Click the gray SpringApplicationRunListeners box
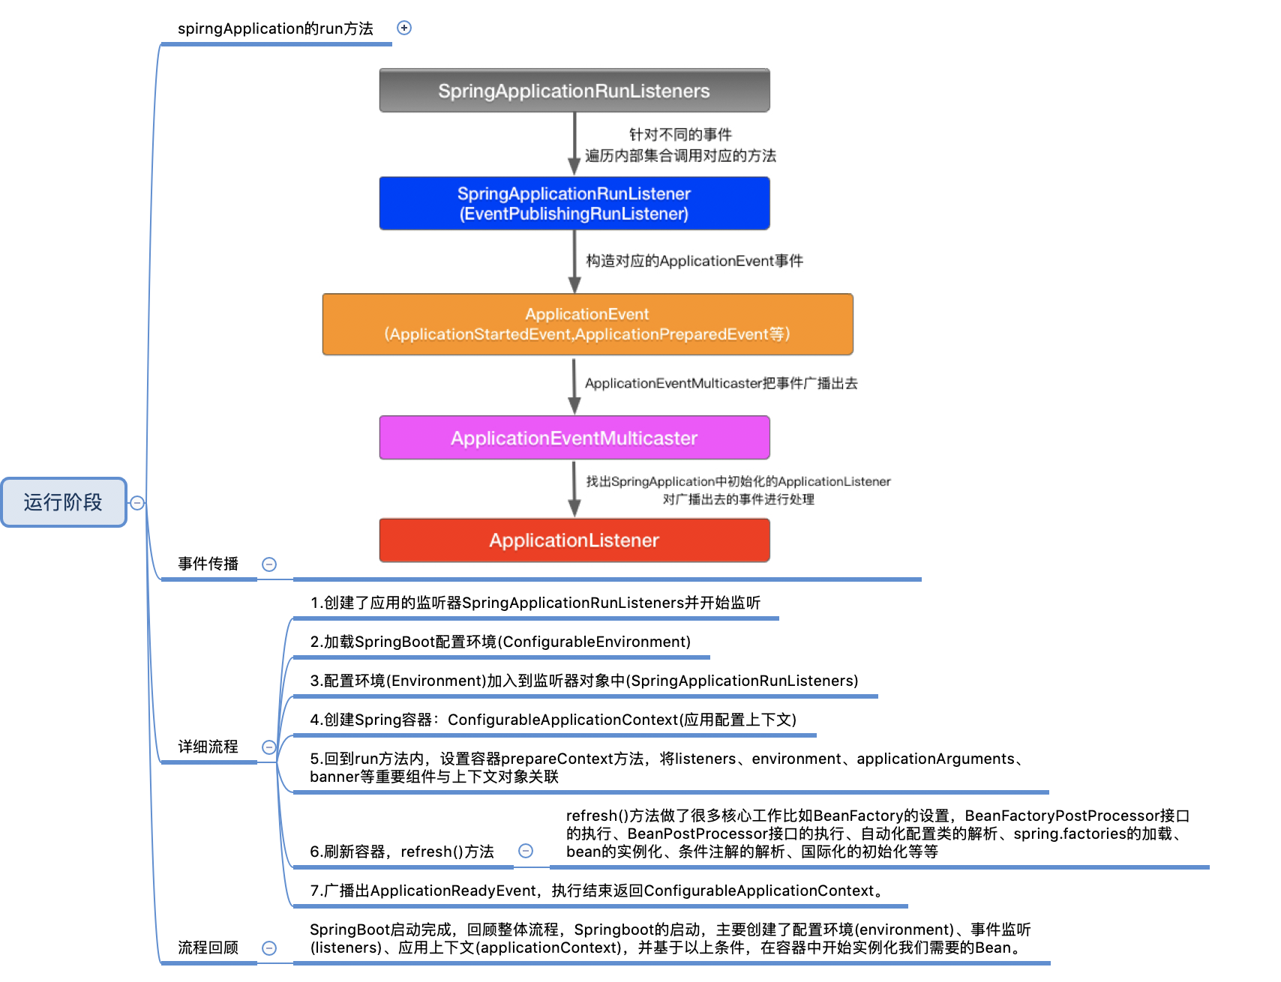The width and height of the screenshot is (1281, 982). pos(574,91)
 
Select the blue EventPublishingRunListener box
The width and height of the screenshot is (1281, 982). pos(574,203)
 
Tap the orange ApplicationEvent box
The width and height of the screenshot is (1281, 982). pos(587,324)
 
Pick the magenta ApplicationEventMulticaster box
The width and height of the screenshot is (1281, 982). pos(574,438)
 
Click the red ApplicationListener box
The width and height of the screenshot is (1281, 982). pos(574,540)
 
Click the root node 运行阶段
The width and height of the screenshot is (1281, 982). pos(63,502)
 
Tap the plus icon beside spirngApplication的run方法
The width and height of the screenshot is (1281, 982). pos(404,28)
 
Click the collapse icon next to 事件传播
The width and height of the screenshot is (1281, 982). pos(269,564)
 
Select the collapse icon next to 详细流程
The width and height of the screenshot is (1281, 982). pos(269,747)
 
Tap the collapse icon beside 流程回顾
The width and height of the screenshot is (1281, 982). pos(269,948)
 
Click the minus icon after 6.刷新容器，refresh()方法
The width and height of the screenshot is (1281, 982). pos(526,851)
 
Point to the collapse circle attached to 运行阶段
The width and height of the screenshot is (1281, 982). pos(137,503)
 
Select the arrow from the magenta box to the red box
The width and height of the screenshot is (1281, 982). pos(574,489)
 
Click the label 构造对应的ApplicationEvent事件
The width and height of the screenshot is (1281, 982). pos(694,261)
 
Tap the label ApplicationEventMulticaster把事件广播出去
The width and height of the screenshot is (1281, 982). pos(721,383)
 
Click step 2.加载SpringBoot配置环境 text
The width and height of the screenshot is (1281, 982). pos(500,642)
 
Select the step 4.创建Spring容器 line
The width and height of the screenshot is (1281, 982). pos(553,720)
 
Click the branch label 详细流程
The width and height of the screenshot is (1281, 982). pos(208,747)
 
